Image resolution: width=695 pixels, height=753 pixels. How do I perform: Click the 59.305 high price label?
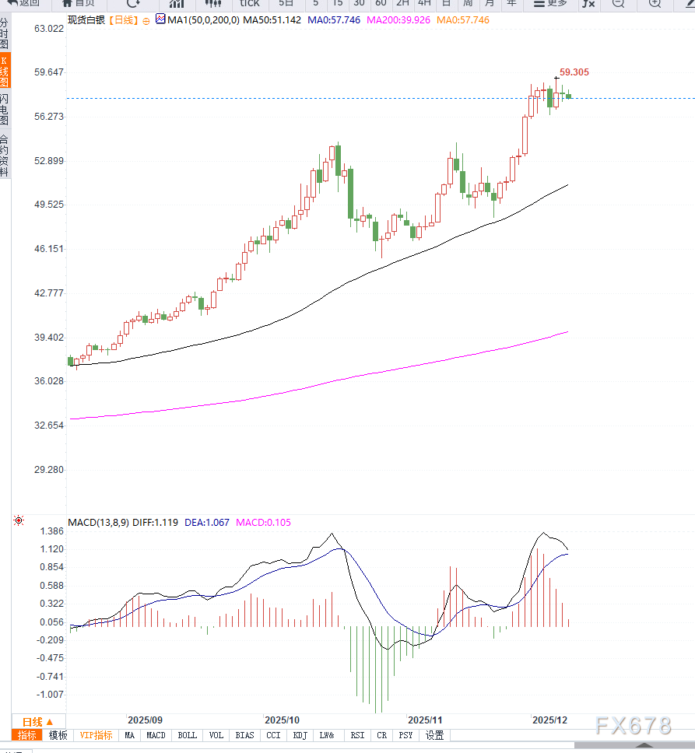click(x=574, y=72)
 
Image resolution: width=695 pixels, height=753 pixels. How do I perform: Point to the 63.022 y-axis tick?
click(x=49, y=29)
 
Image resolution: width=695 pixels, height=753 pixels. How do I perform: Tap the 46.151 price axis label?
click(x=49, y=249)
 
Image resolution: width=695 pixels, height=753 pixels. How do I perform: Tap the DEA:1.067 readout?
click(x=207, y=523)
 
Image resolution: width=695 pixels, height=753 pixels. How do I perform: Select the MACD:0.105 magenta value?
click(x=264, y=523)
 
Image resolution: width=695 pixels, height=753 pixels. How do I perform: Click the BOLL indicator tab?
click(x=188, y=735)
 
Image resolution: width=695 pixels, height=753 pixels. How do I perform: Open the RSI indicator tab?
click(x=357, y=735)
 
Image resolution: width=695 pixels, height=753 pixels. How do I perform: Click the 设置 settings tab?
click(x=434, y=735)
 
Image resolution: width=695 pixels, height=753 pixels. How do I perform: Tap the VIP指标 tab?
click(x=96, y=735)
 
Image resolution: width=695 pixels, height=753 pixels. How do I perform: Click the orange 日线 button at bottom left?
click(x=37, y=722)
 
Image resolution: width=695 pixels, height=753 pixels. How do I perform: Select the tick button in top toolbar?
click(x=250, y=3)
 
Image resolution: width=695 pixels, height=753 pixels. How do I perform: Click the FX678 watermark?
click(x=632, y=726)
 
